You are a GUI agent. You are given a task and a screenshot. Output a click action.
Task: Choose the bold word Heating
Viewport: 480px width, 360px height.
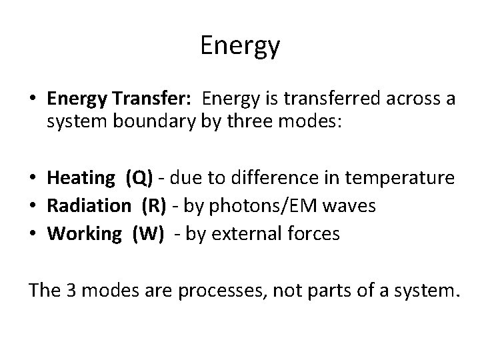(81, 178)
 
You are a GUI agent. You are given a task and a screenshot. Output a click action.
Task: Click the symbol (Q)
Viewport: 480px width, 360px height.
(139, 178)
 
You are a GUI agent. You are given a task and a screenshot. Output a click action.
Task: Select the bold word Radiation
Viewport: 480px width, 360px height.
(89, 206)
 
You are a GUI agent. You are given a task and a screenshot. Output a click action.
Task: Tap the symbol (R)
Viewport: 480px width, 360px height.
(154, 206)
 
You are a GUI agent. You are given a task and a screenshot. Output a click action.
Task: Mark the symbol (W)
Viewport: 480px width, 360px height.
(147, 234)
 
